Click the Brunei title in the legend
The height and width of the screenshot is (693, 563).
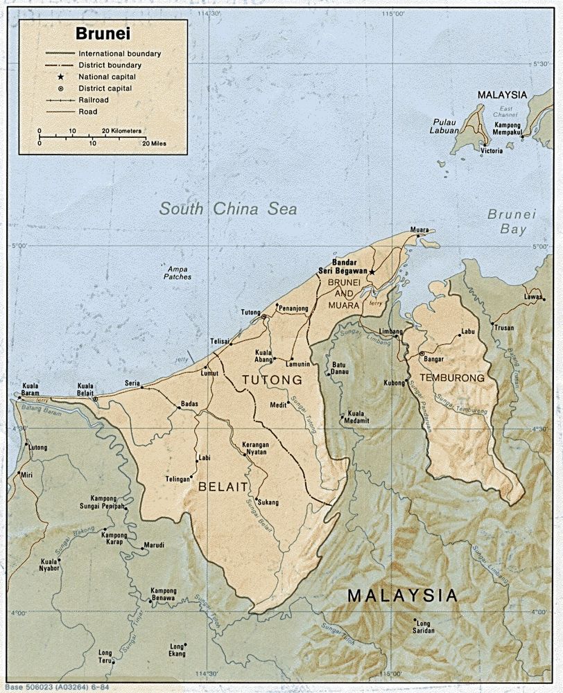click(103, 33)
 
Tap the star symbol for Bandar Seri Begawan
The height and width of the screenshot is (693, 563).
click(372, 272)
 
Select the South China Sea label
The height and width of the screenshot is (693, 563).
click(227, 209)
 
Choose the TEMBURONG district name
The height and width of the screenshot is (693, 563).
click(451, 378)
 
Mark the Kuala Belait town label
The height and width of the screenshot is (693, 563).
click(85, 389)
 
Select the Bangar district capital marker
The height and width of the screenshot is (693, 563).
click(422, 354)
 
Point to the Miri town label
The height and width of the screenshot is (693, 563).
click(26, 475)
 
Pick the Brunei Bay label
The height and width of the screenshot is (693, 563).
click(512, 222)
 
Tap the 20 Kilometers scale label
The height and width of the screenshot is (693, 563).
click(121, 130)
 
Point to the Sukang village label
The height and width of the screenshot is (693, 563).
click(268, 502)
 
